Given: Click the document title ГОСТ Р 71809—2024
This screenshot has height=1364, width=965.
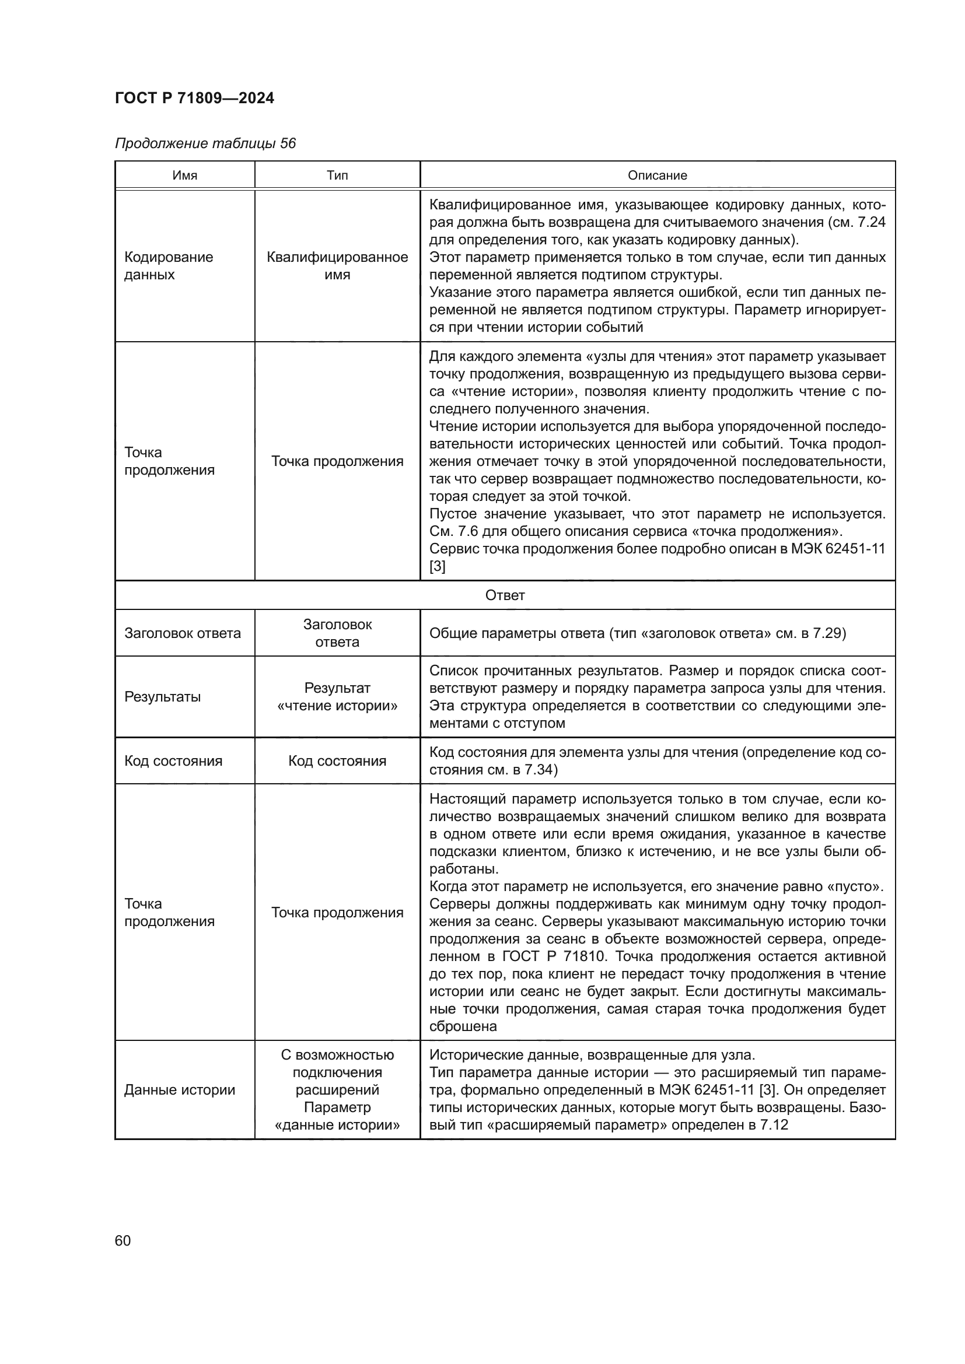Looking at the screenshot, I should [194, 98].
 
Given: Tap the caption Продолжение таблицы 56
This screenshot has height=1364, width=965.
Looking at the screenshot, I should [205, 143].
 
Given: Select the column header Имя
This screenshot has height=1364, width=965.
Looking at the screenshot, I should [185, 176].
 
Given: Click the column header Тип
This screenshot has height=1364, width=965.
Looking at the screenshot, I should [337, 176].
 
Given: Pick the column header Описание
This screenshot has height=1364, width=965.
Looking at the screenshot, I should [657, 176].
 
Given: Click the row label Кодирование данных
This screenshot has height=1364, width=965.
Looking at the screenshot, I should [168, 265].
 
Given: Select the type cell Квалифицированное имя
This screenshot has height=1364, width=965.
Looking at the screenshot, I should [337, 265].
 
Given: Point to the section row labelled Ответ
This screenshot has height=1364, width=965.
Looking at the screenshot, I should [505, 595].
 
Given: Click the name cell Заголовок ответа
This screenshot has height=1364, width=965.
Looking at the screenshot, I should [183, 633].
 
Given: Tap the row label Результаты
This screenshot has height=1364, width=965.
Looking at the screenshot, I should [162, 697].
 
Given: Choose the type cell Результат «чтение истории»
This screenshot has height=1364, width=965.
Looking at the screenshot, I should [337, 697].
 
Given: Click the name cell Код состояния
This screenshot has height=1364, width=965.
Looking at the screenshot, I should [173, 761].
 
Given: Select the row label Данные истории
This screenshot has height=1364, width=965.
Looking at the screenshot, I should [180, 1089].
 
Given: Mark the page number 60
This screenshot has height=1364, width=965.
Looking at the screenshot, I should [123, 1240].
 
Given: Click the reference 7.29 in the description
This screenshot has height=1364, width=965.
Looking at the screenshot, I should [828, 633].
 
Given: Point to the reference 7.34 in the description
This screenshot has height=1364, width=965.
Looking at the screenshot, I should [539, 770].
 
